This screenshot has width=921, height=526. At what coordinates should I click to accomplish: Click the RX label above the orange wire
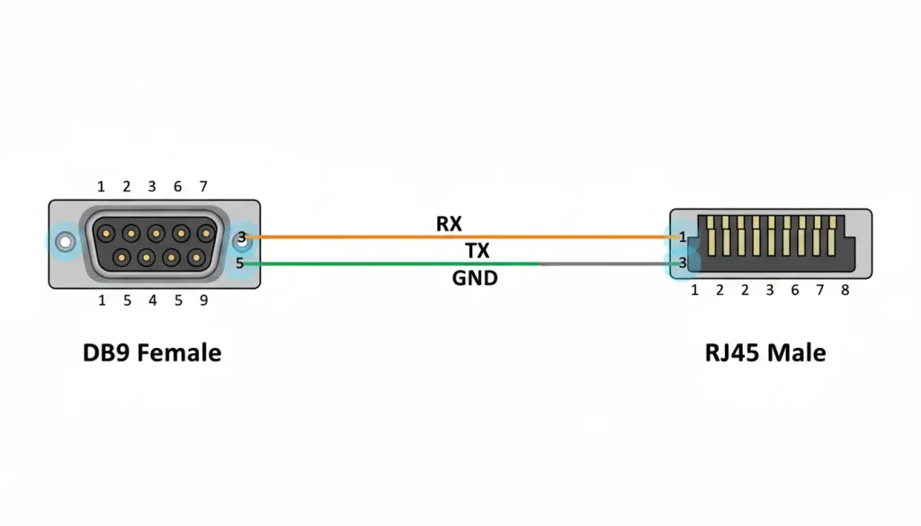(448, 224)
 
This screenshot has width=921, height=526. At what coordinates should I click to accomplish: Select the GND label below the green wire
(474, 279)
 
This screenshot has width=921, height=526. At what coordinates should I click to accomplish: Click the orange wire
(450, 237)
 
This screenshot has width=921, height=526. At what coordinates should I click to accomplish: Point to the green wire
(387, 264)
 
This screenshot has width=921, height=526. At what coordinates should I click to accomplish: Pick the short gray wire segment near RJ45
(603, 264)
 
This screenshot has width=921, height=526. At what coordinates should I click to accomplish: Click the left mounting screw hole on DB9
(65, 243)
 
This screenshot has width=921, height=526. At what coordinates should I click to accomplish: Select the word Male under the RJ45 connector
(797, 352)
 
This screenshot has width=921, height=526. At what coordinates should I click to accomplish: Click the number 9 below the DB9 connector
(203, 300)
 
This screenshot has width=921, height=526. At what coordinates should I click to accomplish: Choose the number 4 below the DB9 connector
(153, 300)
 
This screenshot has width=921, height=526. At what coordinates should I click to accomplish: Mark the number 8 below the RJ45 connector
(845, 290)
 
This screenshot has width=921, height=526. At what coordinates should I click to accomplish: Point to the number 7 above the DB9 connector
(203, 187)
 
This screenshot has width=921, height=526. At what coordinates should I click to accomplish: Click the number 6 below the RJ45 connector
(795, 290)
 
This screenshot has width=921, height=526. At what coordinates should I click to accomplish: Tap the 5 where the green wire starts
(239, 263)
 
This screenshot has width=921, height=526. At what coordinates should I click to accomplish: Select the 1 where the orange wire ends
(683, 237)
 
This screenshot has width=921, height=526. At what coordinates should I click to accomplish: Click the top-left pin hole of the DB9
(107, 234)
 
